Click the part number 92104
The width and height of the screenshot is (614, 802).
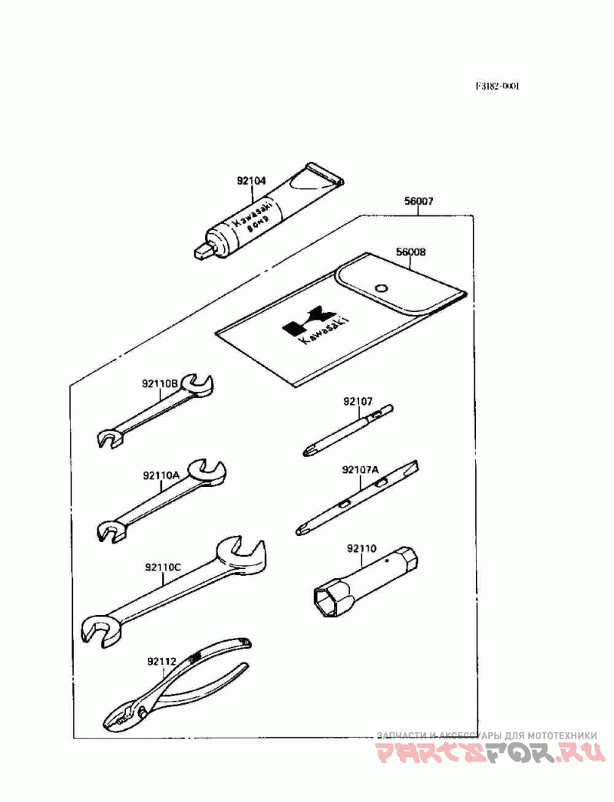251,182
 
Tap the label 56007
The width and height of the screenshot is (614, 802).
419,202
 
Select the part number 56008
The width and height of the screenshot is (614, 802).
411,251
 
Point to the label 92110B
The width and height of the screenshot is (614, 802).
160,383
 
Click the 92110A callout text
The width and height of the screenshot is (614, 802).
160,475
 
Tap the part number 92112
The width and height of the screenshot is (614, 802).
162,659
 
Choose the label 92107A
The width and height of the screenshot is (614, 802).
361,469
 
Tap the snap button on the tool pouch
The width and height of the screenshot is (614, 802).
380,288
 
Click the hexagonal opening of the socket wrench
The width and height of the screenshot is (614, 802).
325,599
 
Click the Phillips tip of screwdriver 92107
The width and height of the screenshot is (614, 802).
308,452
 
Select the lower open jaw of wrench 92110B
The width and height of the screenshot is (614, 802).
108,439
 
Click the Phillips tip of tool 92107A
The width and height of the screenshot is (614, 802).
302,528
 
